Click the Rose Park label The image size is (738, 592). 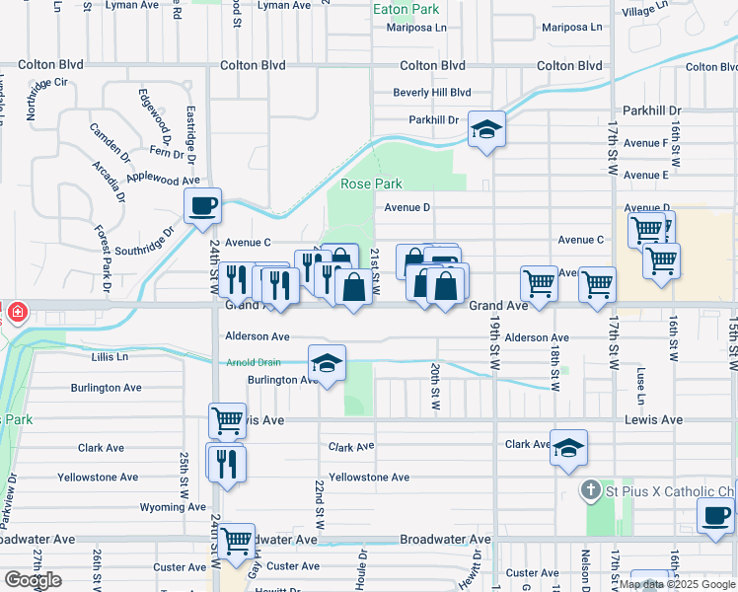tap(371, 185)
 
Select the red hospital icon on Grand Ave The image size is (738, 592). tap(16, 312)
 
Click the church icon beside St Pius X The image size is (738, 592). tap(590, 490)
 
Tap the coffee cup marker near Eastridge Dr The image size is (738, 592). tap(203, 205)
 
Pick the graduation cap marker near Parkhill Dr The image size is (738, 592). tap(485, 130)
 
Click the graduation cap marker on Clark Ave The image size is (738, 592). tap(568, 447)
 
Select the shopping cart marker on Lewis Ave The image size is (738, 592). tap(227, 420)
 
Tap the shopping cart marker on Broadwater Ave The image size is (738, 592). tap(237, 541)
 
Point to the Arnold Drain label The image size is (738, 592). tap(254, 363)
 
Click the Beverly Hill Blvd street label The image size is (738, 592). tap(432, 93)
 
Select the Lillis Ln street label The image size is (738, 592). tap(110, 356)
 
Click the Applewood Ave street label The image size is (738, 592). tap(164, 181)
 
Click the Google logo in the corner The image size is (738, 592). tap(33, 580)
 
